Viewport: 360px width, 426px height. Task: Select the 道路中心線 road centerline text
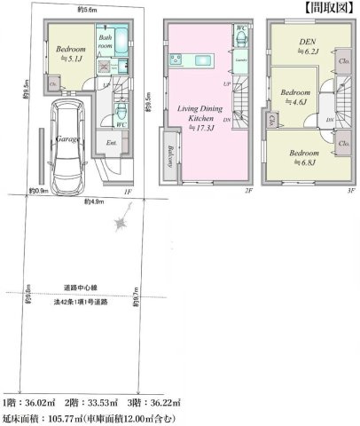tap(81, 288)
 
